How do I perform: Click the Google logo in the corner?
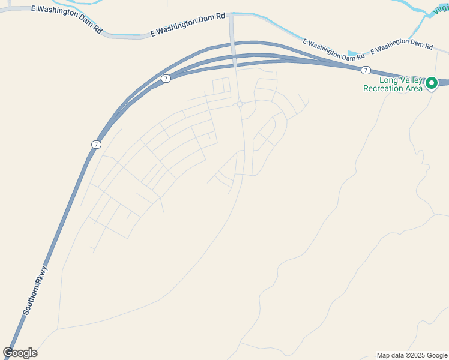(x=20, y=353)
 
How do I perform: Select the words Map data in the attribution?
(x=391, y=355)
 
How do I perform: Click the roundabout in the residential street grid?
(x=240, y=104)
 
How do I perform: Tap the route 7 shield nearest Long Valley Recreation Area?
(x=366, y=70)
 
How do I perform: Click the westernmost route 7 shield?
(x=96, y=145)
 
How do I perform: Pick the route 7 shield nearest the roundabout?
(x=166, y=79)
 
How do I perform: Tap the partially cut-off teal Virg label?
(x=440, y=7)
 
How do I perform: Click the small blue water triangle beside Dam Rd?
(x=352, y=53)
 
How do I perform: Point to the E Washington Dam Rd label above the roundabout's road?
(x=187, y=26)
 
